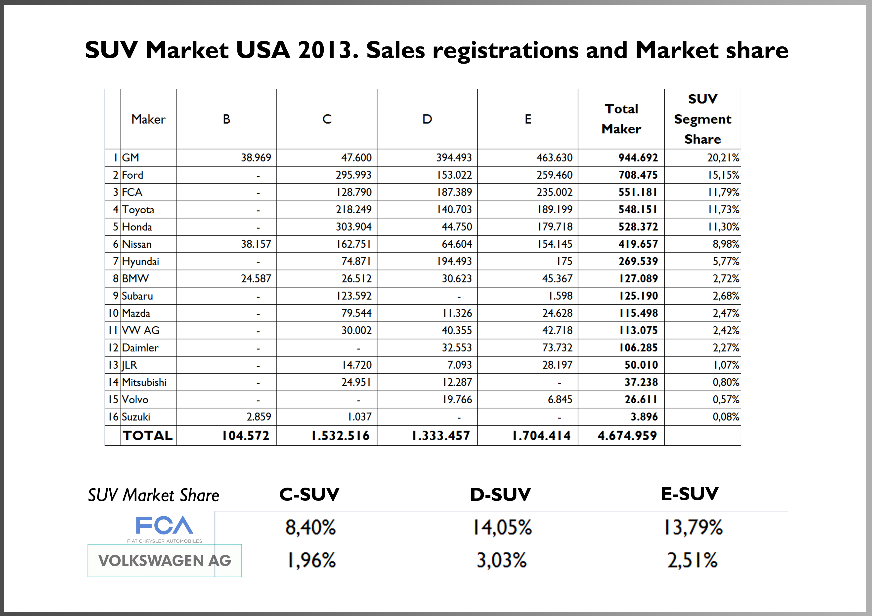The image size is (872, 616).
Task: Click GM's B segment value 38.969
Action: coord(256,157)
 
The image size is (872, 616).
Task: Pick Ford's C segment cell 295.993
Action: coord(353,175)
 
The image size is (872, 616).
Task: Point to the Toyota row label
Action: coord(138,209)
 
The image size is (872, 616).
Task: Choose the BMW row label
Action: coord(135,279)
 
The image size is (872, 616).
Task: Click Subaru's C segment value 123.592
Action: coord(353,296)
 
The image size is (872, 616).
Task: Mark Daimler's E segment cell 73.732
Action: coord(557,348)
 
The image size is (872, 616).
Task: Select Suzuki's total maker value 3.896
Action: coord(644,417)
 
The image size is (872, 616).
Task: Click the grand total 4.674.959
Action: coord(627,435)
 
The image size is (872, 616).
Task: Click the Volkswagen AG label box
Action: coord(165,561)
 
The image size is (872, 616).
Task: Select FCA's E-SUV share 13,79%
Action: coord(693,527)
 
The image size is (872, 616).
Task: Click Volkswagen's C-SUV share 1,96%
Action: coord(311,560)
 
